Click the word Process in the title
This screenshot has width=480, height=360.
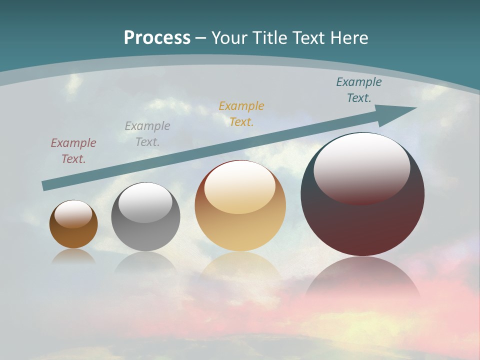click(157, 38)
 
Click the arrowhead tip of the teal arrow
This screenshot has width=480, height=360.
click(415, 108)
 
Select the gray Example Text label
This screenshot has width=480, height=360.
click(147, 134)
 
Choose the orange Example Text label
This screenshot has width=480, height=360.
click(241, 114)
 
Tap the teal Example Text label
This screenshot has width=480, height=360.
click(359, 90)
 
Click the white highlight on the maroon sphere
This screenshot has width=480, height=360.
click(361, 167)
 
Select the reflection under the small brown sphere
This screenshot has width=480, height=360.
click(73, 256)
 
